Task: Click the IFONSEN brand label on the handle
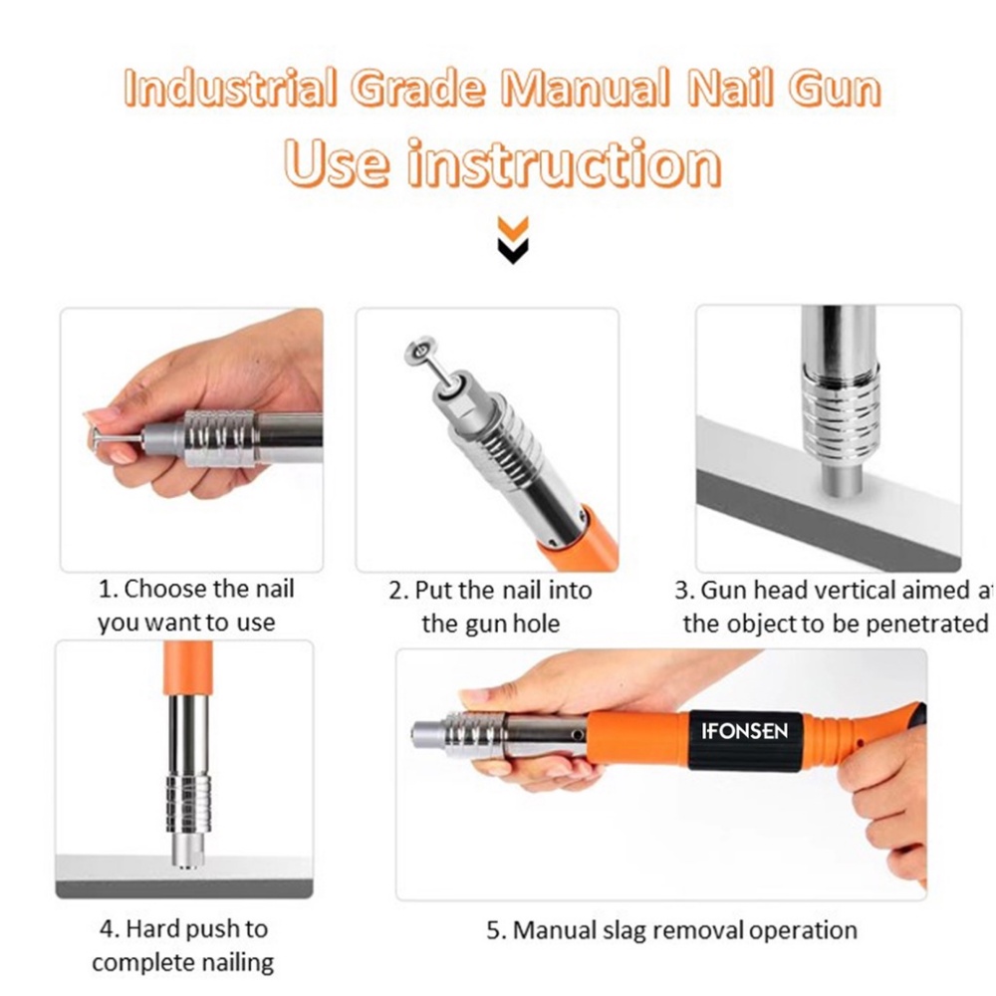[744, 731]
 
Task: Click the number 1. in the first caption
[108, 590]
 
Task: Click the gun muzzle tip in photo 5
[420, 735]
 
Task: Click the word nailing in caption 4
[231, 963]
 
